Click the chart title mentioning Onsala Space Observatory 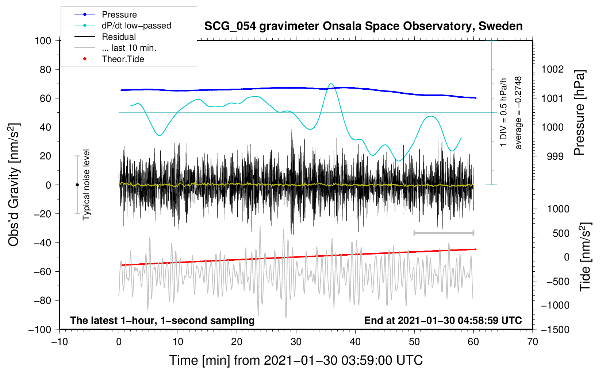[363, 26]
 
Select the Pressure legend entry [119, 15]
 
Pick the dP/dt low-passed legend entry [136, 26]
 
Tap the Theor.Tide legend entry [123, 59]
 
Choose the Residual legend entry [119, 37]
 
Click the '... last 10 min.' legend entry [129, 48]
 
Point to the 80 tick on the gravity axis [45, 69]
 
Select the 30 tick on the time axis [296, 342]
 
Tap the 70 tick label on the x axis [533, 342]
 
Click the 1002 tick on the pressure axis [553, 69]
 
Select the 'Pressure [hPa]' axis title [579, 112]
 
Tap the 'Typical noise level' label [86, 185]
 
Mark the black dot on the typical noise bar [77, 185]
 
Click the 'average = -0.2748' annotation [518, 113]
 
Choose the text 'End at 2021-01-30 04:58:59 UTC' [443, 320]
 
